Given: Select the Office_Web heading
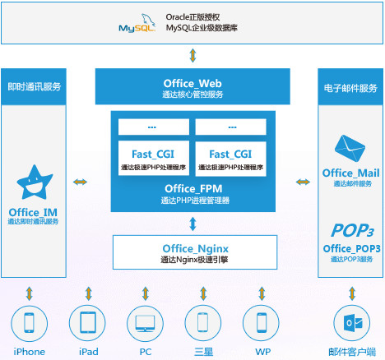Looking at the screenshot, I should click(x=192, y=82).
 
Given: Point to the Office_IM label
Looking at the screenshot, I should click(x=34, y=211).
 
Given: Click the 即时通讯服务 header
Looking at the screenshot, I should click(x=34, y=86).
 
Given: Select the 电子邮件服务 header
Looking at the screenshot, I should click(x=351, y=86).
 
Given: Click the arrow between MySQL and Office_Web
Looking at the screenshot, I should click(x=192, y=56).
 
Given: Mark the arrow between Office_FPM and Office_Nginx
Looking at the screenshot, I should click(x=192, y=223).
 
